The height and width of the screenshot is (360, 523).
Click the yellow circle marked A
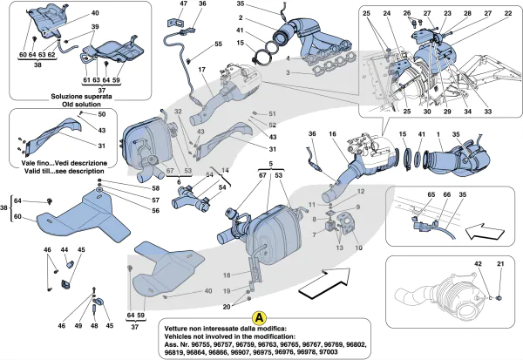click(x=258, y=320)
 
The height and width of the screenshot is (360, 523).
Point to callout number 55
click(x=218, y=44)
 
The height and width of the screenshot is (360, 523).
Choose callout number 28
click(x=467, y=14)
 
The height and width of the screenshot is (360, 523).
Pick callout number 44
click(x=65, y=250)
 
